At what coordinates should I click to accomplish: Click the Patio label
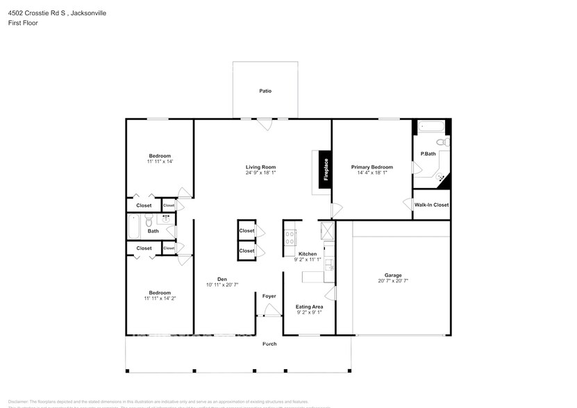[265, 91]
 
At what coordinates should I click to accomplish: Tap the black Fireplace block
[324, 170]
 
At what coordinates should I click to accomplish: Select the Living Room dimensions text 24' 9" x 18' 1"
[261, 173]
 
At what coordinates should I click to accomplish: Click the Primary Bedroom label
[371, 167]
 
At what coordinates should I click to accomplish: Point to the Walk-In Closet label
[431, 205]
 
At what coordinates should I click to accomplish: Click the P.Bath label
[428, 153]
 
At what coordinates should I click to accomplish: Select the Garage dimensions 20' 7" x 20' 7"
[393, 281]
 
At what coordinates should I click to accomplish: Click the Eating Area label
[309, 306]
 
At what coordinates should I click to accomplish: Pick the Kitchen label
[308, 254]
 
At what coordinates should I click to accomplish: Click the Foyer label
[269, 296]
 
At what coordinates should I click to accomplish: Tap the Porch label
[269, 344]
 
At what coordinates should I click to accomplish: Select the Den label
[222, 279]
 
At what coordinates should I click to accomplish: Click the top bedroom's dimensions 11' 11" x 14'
[160, 161]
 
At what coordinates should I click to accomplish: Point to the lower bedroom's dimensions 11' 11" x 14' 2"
[160, 298]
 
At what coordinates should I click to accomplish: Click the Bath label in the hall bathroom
[153, 231]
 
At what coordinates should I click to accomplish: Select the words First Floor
[24, 23]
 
